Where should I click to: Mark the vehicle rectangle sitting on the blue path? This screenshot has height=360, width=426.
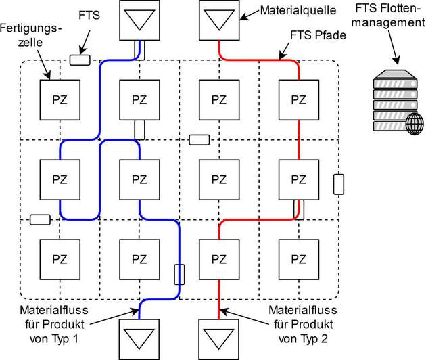[x=179, y=274]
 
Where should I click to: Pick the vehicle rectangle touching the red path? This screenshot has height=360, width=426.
[x=298, y=210]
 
